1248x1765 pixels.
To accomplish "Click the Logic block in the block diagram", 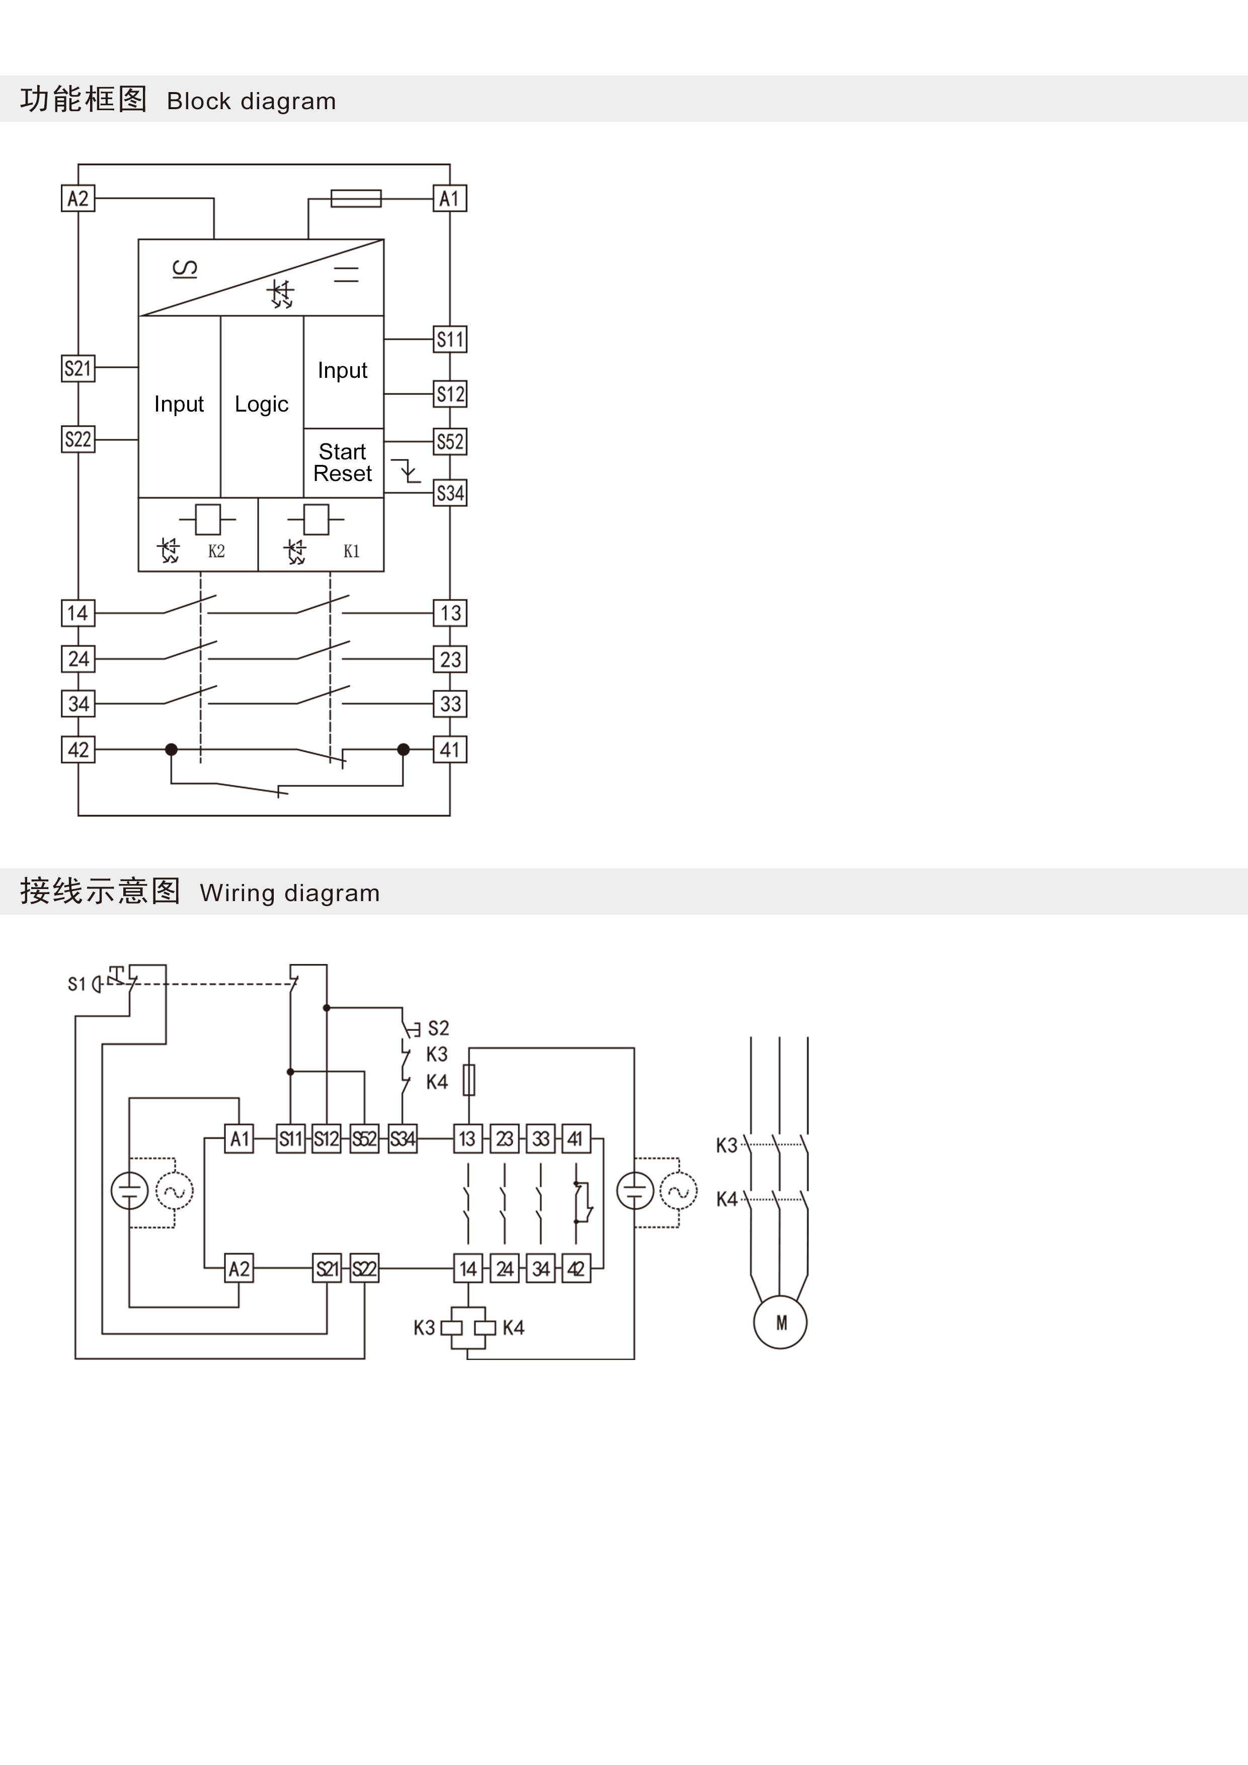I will pyautogui.click(x=262, y=405).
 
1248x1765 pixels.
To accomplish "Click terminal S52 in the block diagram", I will pyautogui.click(x=450, y=442).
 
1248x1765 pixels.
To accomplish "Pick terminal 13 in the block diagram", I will pyautogui.click(x=450, y=613).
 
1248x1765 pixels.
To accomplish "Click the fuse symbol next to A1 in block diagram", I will pyautogui.click(x=356, y=198).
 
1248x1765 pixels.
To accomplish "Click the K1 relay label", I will pyautogui.click(x=351, y=551).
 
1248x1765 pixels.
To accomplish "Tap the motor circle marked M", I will pyautogui.click(x=781, y=1322).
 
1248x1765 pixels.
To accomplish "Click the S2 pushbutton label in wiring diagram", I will pyautogui.click(x=438, y=1028).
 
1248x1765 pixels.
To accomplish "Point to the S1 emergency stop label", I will pyautogui.click(x=76, y=984).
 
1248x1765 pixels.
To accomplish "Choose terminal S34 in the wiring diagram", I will pyautogui.click(x=402, y=1139).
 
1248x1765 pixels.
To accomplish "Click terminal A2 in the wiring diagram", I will pyautogui.click(x=239, y=1268).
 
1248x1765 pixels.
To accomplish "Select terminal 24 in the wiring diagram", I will pyautogui.click(x=504, y=1268).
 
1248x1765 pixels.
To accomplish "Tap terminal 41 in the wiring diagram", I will pyautogui.click(x=576, y=1139).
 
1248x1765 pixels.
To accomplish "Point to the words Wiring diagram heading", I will pyautogui.click(x=290, y=893).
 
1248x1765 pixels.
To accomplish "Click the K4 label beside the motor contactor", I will pyautogui.click(x=727, y=1199).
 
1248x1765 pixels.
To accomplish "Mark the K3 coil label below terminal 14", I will pyautogui.click(x=424, y=1328).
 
